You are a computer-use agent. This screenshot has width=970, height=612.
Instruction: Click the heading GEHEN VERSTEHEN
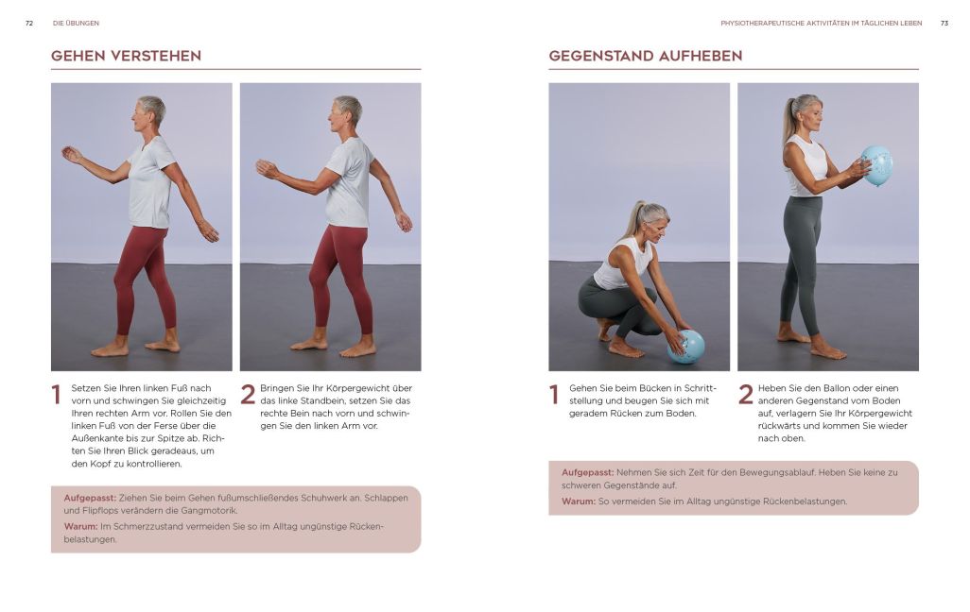[x=126, y=56]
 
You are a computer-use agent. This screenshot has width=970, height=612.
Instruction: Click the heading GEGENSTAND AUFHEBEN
[x=645, y=56]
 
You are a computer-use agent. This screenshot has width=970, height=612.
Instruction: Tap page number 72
[x=29, y=23]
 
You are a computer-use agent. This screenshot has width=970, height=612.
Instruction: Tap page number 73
[x=944, y=23]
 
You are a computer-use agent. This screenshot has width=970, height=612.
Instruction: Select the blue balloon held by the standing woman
[x=877, y=165]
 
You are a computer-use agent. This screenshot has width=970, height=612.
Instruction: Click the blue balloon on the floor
[x=686, y=347]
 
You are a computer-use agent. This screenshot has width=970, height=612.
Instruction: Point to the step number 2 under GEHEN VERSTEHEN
[x=248, y=395]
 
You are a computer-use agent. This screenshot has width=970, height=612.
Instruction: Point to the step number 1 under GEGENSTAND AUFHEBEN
[x=554, y=395]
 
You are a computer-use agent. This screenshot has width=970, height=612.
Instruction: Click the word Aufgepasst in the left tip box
[x=90, y=498]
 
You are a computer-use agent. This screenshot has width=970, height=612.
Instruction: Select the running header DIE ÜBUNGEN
[x=76, y=23]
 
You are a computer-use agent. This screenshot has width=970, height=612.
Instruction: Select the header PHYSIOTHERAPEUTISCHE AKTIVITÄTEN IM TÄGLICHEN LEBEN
[x=821, y=23]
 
